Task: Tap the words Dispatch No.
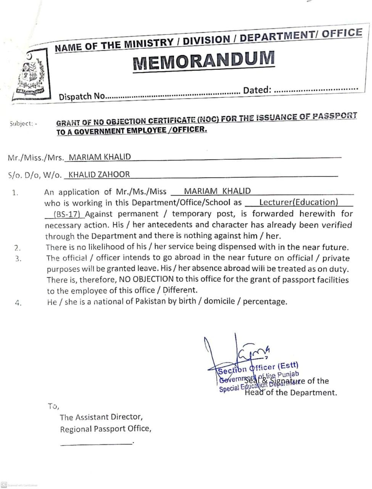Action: [x=82, y=96]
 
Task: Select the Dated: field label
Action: [x=257, y=90]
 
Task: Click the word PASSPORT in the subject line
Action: [x=335, y=116]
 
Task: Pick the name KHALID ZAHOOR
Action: [x=99, y=175]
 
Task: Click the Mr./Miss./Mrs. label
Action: [x=36, y=157]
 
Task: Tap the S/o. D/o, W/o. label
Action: [x=35, y=175]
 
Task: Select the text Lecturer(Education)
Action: [x=298, y=202]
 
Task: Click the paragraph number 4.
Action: [x=18, y=303]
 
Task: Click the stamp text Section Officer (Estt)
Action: [x=258, y=368]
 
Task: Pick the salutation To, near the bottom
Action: [x=53, y=406]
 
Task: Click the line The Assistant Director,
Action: [x=101, y=417]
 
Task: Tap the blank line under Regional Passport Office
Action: [x=96, y=443]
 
